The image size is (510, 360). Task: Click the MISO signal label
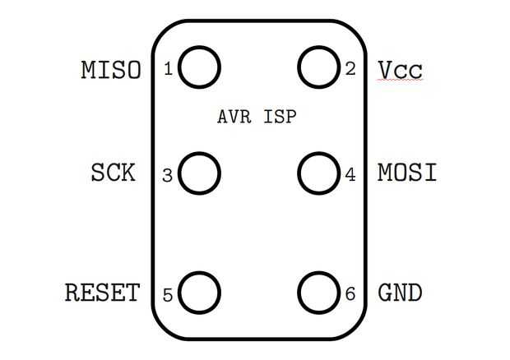click(111, 70)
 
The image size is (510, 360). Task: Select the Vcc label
click(400, 70)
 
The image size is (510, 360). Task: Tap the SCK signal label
click(113, 173)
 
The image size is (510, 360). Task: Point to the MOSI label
click(407, 173)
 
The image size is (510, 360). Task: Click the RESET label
click(103, 293)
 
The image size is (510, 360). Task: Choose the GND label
click(400, 293)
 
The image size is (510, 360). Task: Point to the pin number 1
click(168, 69)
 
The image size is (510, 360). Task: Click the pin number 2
click(350, 69)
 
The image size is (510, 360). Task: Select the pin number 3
click(167, 175)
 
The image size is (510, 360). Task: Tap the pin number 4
click(350, 174)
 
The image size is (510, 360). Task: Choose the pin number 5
click(168, 295)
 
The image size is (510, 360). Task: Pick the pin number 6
click(350, 293)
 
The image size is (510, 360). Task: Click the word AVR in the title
click(234, 117)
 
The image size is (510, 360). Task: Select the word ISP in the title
click(280, 117)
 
